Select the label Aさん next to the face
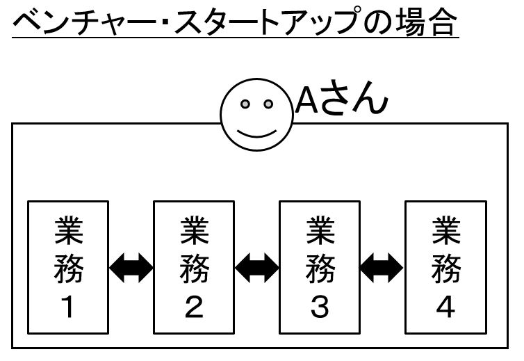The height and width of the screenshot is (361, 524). (338, 99)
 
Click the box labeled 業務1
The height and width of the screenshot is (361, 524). (68, 268)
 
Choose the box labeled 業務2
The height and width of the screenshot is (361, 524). (194, 268)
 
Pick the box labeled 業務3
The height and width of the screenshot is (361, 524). (320, 268)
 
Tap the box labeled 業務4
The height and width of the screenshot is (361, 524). (445, 268)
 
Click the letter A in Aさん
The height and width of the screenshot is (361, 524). (306, 100)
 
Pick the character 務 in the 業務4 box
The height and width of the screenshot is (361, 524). (445, 270)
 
